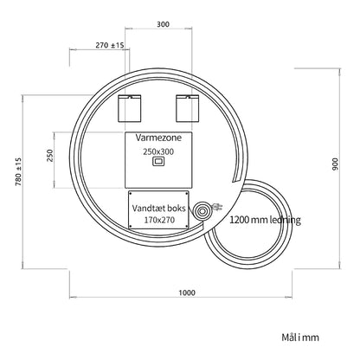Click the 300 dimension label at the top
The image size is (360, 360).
[x=163, y=24]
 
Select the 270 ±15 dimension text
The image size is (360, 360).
[x=110, y=45]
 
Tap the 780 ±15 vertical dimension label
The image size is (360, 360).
[x=18, y=171]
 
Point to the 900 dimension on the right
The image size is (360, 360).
[x=336, y=164]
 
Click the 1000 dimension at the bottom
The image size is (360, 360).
[x=187, y=292]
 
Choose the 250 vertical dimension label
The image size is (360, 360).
[x=50, y=156]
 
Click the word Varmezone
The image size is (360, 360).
[x=158, y=138]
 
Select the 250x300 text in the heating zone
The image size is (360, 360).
[x=158, y=151]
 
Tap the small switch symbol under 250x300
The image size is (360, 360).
[x=158, y=162]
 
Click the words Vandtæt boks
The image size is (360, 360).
[x=159, y=208]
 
